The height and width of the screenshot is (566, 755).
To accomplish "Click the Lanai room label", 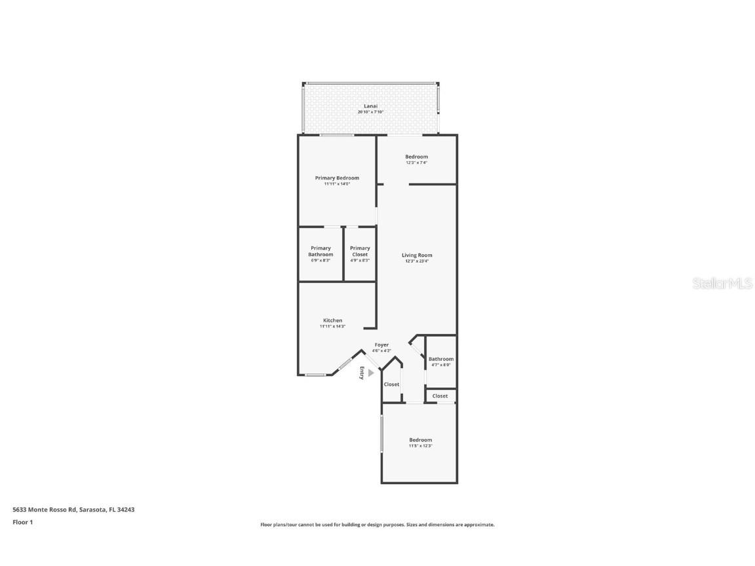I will (x=370, y=106).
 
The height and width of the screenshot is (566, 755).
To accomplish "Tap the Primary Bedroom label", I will (x=337, y=178).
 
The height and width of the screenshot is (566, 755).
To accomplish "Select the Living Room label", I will (x=417, y=255).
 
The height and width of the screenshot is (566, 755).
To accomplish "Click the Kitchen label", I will (x=332, y=320).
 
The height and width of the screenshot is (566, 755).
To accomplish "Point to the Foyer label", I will (x=381, y=345).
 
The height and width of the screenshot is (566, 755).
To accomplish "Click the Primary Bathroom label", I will (x=320, y=252).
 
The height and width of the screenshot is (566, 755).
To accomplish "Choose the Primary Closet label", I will (x=360, y=252).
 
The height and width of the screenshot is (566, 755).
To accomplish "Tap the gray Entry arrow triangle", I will (x=370, y=373).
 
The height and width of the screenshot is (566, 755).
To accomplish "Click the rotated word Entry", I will (x=361, y=373).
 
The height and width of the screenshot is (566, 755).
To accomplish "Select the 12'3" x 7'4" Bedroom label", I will (x=416, y=157).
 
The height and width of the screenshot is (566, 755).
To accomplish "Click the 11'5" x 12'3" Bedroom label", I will (x=420, y=440).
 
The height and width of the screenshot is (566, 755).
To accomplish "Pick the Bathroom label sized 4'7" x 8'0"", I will (x=441, y=359).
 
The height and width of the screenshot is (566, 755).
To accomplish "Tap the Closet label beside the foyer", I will (x=391, y=385).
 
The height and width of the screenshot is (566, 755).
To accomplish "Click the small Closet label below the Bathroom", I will (x=440, y=396).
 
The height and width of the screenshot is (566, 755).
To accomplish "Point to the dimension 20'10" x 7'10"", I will (x=370, y=112).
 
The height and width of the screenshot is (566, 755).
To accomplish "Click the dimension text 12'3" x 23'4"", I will (x=417, y=261).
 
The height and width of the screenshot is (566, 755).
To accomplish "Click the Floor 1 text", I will (x=22, y=522).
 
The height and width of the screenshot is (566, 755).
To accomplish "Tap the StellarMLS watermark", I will (x=723, y=284).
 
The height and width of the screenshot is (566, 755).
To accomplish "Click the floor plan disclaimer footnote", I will (x=377, y=525).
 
